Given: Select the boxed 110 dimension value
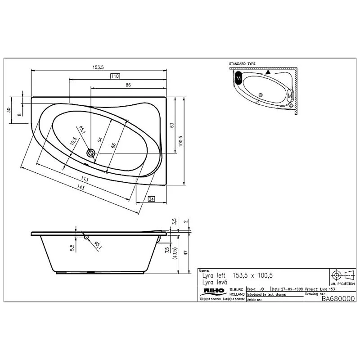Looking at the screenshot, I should [x=115, y=76].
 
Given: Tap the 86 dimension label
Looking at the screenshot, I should [x=128, y=85].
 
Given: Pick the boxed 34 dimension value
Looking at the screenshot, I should [x=151, y=198].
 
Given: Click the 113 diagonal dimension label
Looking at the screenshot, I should [x=85, y=179].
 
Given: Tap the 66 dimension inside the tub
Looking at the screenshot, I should [x=113, y=145].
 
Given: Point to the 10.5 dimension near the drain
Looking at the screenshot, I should [x=72, y=143].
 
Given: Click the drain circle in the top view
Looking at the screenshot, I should [x=91, y=153].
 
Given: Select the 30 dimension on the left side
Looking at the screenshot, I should [x=8, y=111].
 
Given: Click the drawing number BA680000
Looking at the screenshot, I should [x=338, y=298].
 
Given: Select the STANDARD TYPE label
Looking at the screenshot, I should [x=242, y=64].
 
